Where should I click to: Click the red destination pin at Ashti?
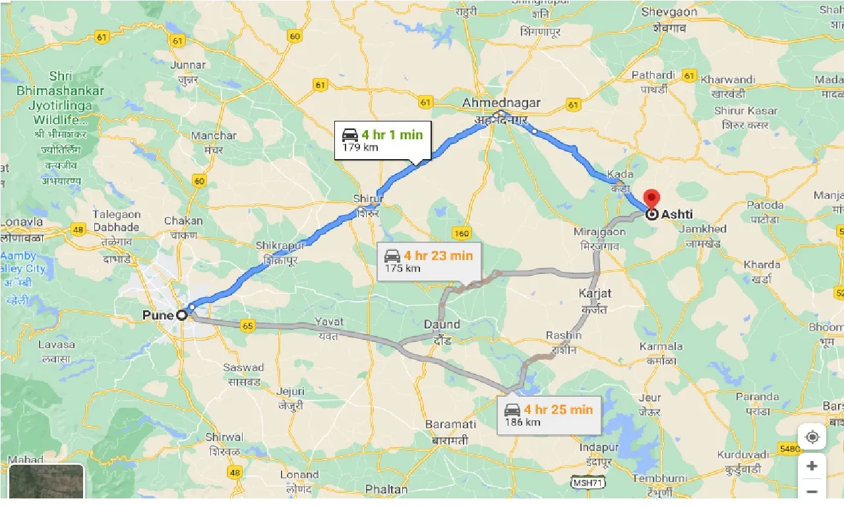point(651,198)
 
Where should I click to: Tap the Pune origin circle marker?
point(181,316)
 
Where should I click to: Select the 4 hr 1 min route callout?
point(382,140)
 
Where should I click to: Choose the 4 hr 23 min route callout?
point(429,261)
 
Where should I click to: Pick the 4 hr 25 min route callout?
point(549,415)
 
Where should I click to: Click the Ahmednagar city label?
point(501,103)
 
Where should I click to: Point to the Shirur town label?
point(368,199)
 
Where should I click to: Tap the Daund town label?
point(442,325)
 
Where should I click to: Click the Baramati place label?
point(450,424)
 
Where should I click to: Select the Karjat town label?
point(595,293)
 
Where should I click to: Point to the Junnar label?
point(188,65)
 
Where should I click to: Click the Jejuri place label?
point(291,391)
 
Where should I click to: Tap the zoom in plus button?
point(812,466)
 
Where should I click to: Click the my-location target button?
point(812,437)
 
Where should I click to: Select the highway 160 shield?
point(462,233)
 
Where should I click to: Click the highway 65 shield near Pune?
point(248,325)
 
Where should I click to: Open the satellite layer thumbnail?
point(46,482)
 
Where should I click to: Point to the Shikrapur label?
point(281,246)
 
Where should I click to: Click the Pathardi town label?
point(653,75)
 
